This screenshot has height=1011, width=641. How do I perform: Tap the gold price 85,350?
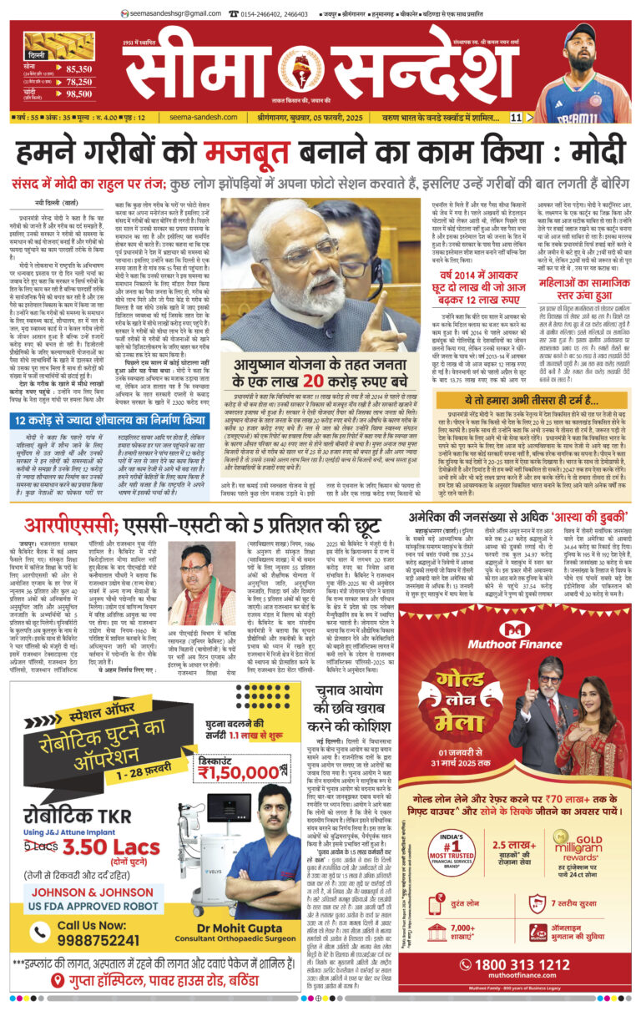pos(79,68)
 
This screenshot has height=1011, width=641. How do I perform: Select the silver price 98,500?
pos(79,94)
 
